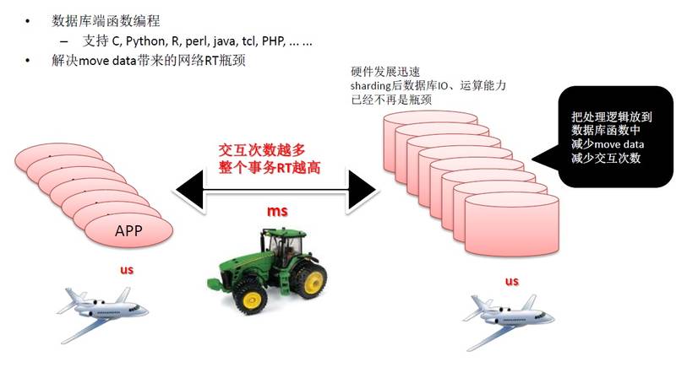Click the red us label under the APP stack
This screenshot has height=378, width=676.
coord(126,269)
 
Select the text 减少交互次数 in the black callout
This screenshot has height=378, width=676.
coord(606,158)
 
